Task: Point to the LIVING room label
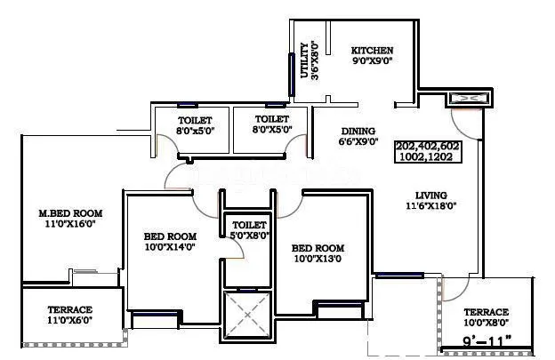click(430, 196)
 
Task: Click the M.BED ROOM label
click(70, 213)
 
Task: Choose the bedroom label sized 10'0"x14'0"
click(169, 236)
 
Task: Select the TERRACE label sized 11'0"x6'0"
click(70, 310)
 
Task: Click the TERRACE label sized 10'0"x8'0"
click(486, 312)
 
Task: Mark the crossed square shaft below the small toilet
click(246, 314)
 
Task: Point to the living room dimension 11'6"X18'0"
click(430, 207)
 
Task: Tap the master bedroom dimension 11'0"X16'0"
click(70, 225)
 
